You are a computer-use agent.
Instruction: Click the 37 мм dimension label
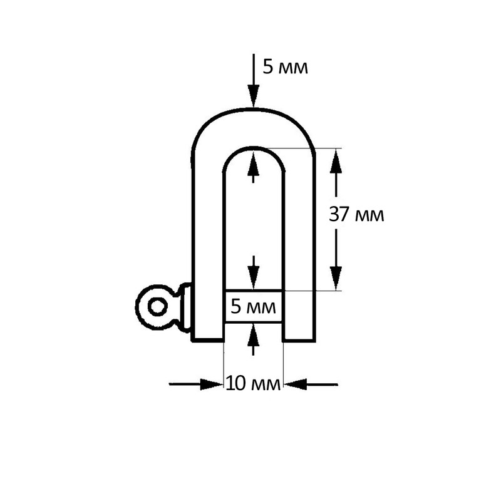click(x=356, y=214)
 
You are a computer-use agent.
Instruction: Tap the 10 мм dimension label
click(x=253, y=383)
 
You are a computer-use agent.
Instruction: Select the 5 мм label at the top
click(x=286, y=67)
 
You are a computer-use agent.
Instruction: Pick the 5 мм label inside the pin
click(x=253, y=307)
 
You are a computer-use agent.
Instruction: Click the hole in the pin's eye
click(x=158, y=307)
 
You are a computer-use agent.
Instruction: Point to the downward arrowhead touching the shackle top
click(x=254, y=96)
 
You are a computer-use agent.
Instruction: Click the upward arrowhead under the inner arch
click(x=254, y=163)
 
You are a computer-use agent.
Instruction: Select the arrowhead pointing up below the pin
click(x=254, y=334)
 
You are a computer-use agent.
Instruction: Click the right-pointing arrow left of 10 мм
click(x=196, y=385)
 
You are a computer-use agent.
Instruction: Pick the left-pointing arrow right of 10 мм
click(x=311, y=385)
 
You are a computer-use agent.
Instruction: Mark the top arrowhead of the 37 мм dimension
click(x=336, y=161)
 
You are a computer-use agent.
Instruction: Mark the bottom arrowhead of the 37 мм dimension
click(x=336, y=278)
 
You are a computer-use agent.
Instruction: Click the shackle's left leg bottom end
click(x=208, y=340)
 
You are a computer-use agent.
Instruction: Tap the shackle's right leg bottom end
click(x=299, y=340)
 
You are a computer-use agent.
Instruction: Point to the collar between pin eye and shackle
click(x=186, y=307)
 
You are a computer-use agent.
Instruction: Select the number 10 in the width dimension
click(x=236, y=383)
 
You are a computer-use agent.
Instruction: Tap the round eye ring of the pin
click(x=139, y=307)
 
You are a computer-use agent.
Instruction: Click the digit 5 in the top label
click(x=267, y=67)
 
